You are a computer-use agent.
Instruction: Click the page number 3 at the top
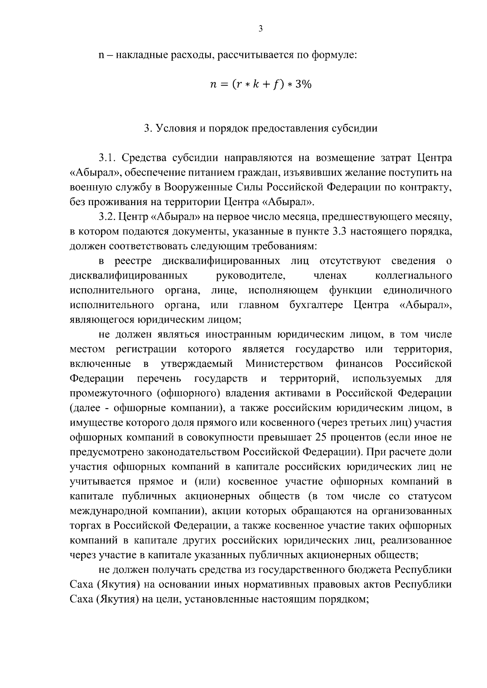point(261,29)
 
